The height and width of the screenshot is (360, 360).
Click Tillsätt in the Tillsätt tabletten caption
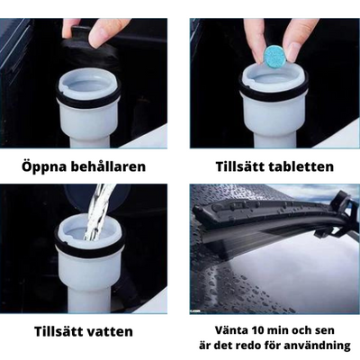[x=239, y=167]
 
